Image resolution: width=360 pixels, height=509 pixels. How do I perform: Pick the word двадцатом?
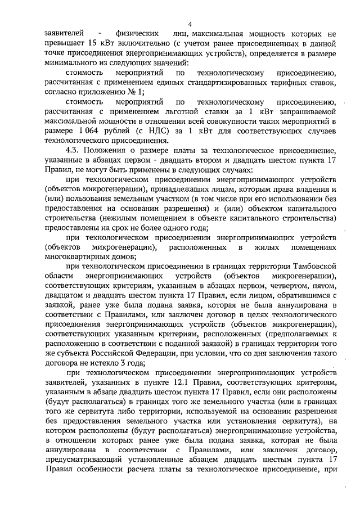pos(64,296)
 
